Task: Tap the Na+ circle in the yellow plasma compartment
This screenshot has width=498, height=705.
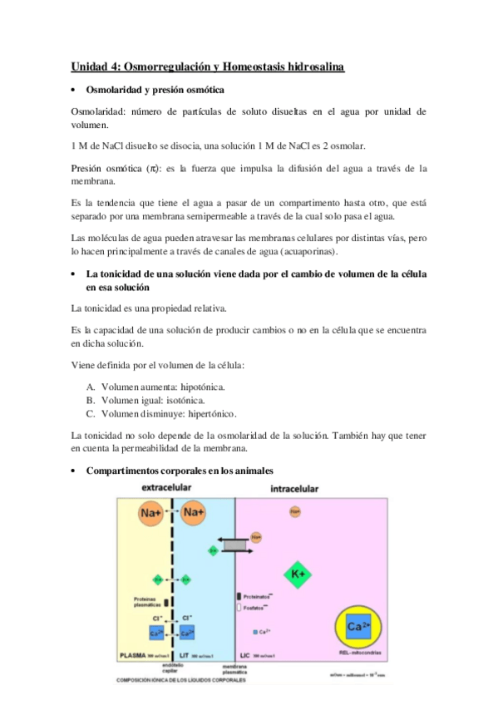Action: pos(151,514)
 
